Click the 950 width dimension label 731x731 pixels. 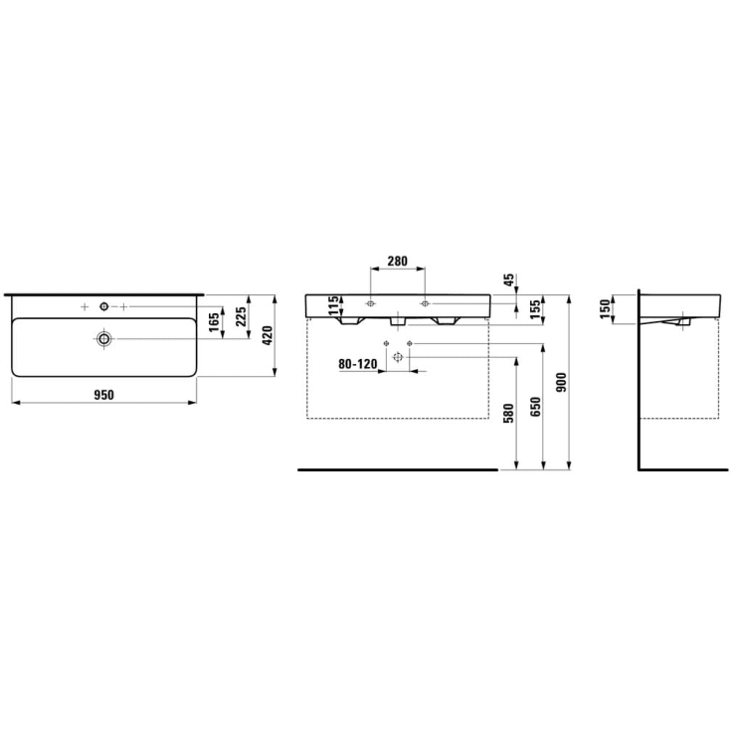pyautogui.click(x=104, y=395)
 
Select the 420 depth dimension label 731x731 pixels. pyautogui.click(x=266, y=335)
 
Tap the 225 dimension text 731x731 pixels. pyautogui.click(x=241, y=317)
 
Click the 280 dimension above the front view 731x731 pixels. pyautogui.click(x=397, y=262)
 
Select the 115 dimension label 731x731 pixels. pyautogui.click(x=334, y=304)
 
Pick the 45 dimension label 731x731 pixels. pyautogui.click(x=508, y=281)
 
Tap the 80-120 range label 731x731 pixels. pyautogui.click(x=357, y=364)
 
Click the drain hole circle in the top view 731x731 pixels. pyautogui.click(x=103, y=339)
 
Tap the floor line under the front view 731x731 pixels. pyautogui.click(x=398, y=467)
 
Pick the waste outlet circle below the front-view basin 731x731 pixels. pyautogui.click(x=397, y=357)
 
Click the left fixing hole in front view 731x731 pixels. pyautogui.click(x=369, y=302)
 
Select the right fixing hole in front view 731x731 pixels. pyautogui.click(x=425, y=302)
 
